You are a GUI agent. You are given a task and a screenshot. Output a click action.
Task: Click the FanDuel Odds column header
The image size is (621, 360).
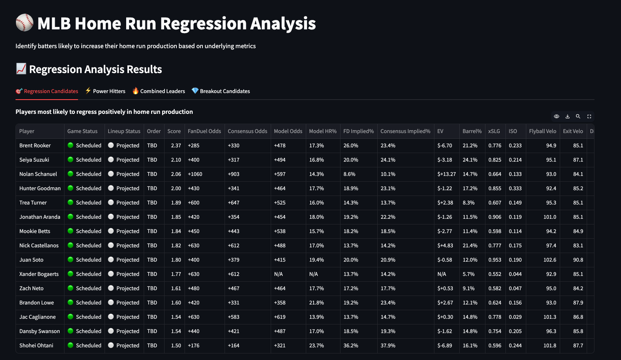tap(204, 131)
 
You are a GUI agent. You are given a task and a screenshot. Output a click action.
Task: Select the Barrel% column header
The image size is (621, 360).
tap(472, 131)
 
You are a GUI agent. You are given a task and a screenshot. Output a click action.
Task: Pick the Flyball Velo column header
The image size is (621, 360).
tap(543, 131)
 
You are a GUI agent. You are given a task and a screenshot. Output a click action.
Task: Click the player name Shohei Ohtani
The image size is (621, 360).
tap(36, 345)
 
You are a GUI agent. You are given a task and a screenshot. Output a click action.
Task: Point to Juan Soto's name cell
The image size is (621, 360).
tap(31, 260)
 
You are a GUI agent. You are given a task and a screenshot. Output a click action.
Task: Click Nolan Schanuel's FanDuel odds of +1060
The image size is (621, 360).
tap(195, 174)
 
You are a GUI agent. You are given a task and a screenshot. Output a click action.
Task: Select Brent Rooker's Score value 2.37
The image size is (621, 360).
tap(176, 145)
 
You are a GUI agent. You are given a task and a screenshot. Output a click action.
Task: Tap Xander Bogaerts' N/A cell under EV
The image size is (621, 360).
tap(442, 274)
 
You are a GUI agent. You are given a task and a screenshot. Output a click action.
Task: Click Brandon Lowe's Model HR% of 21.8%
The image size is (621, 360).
tap(316, 302)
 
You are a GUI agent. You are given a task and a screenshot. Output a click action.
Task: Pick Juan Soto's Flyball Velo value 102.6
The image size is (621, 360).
tap(550, 260)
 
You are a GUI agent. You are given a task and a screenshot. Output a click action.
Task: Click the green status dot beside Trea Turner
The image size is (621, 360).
tap(71, 202)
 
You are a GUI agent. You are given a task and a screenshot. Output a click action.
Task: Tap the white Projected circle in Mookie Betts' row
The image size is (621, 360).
tap(111, 231)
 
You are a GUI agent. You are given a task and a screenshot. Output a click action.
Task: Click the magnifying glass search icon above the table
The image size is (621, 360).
tap(578, 116)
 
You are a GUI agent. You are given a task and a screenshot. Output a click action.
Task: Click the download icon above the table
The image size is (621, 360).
tap(568, 116)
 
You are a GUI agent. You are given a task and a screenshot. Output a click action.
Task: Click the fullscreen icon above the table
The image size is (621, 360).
tap(589, 116)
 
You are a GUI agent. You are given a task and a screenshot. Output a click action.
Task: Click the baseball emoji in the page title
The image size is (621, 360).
tap(24, 23)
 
